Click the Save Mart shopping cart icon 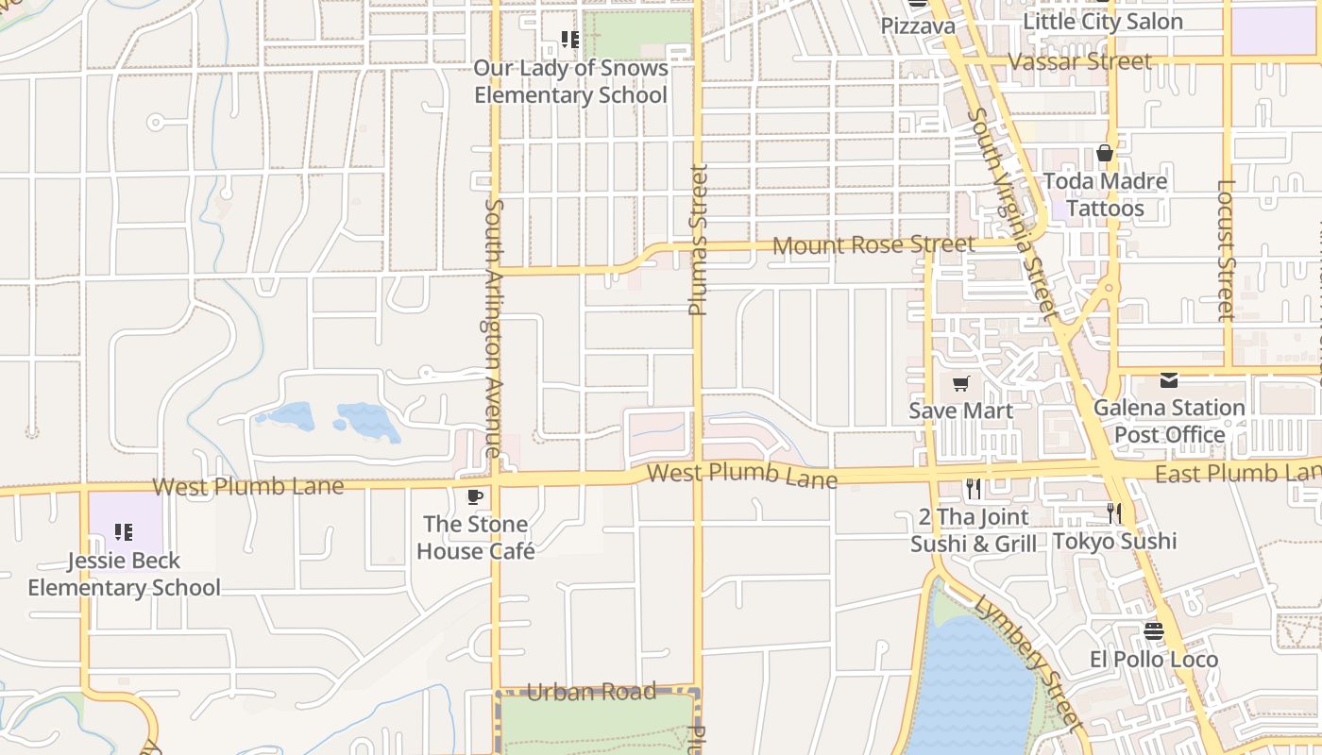(961, 383)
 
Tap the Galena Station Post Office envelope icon (1169, 380)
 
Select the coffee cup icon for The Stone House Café (475, 496)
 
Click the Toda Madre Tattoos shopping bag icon (1105, 153)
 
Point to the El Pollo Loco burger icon (1153, 630)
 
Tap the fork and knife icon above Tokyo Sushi (1114, 512)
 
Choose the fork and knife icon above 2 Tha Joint (974, 488)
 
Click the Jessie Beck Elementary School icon (124, 532)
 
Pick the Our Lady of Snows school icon (569, 40)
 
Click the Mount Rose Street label (873, 245)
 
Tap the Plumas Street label (698, 240)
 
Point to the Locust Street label (1226, 250)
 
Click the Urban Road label (591, 692)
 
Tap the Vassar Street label (1080, 62)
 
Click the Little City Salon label (1103, 22)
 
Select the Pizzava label (918, 25)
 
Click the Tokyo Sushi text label (1114, 541)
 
